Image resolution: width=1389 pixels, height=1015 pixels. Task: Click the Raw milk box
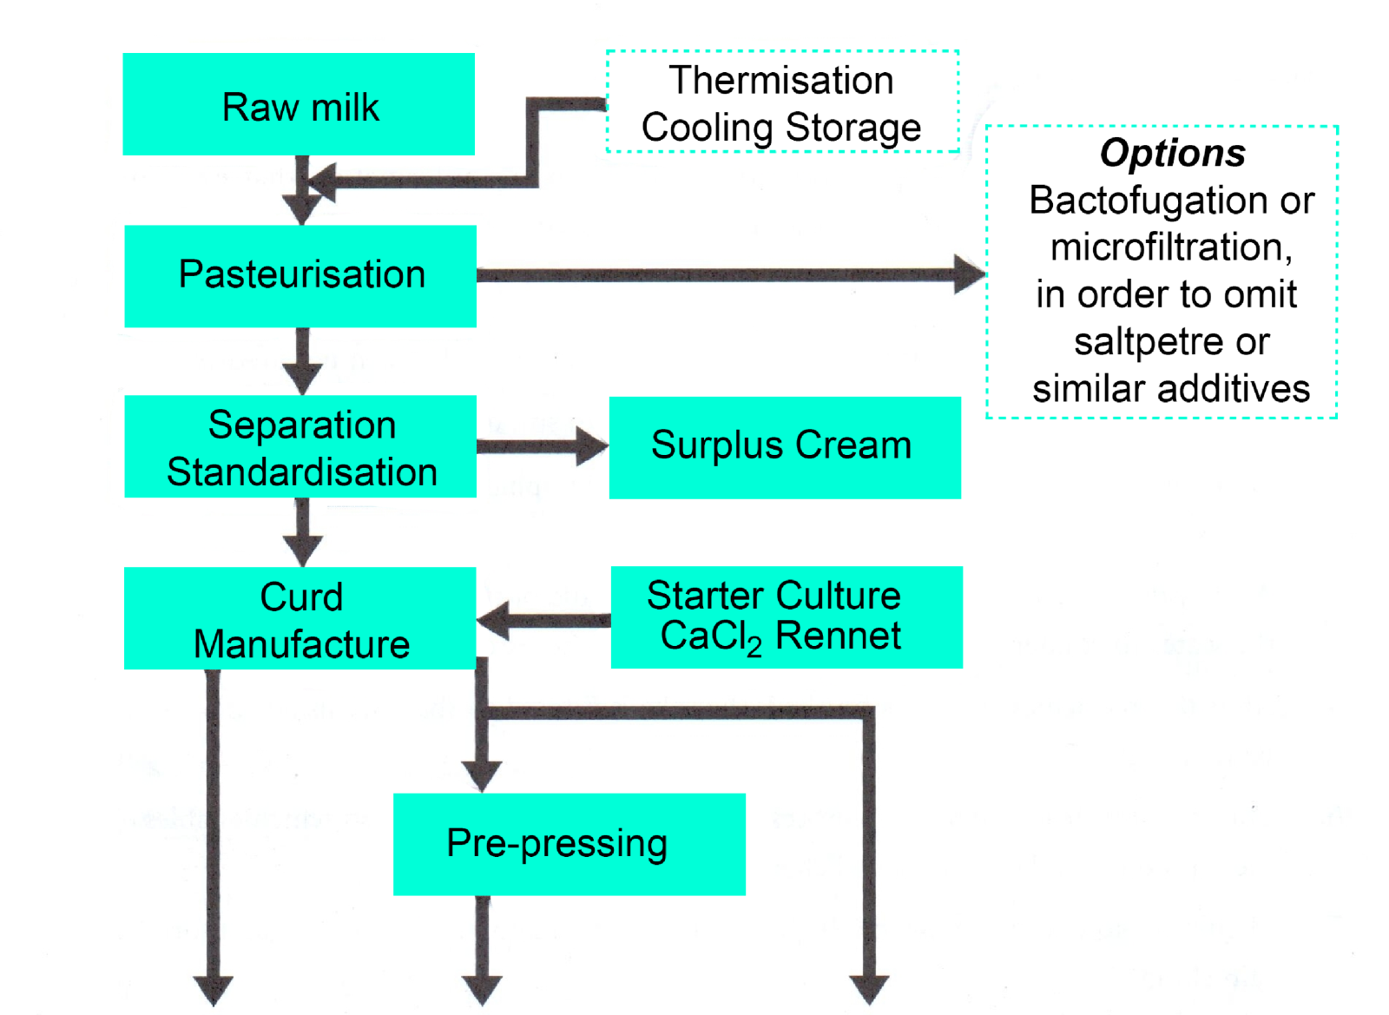tap(299, 104)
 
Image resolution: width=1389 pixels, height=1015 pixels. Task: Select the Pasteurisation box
tap(300, 276)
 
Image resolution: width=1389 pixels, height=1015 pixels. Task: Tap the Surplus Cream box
tap(785, 447)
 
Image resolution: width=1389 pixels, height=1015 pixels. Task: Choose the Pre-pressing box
tap(569, 844)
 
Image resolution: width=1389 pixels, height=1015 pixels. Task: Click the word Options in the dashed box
tap(1172, 154)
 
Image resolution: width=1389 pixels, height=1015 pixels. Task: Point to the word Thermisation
tap(780, 81)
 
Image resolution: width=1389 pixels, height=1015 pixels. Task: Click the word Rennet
tap(838, 636)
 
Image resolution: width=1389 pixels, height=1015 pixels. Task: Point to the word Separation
tap(302, 425)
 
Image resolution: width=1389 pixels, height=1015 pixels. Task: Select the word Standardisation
tap(302, 472)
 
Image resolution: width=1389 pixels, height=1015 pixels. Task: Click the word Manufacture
tap(301, 645)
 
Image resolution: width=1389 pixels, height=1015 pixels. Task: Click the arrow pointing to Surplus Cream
tap(543, 446)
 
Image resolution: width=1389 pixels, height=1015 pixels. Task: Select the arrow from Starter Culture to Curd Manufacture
tap(543, 620)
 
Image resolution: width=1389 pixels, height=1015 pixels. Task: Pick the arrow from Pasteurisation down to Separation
tap(302, 361)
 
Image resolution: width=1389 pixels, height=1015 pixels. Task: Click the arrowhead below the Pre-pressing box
tap(482, 988)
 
